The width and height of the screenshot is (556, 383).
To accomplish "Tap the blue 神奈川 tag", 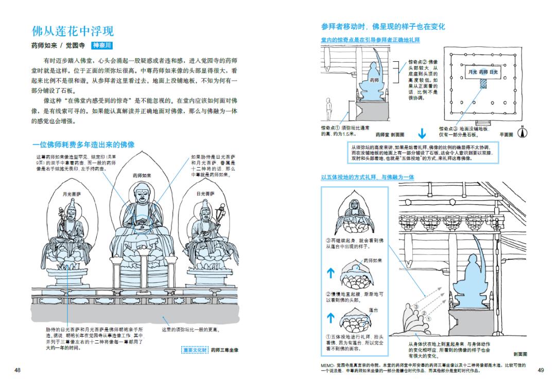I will coord(106,45).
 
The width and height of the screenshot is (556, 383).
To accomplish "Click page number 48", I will coord(18,370).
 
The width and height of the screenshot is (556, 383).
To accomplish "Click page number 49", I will coord(540,370).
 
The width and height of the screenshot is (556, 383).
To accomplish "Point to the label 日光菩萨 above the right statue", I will coord(205,194).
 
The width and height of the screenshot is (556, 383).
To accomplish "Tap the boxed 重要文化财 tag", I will coord(195,350).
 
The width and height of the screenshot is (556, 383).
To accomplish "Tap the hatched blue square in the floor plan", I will coord(483,82).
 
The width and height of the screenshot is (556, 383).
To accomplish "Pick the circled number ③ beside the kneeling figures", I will coord(410,307).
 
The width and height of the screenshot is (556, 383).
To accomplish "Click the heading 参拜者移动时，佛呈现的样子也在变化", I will coord(383,26).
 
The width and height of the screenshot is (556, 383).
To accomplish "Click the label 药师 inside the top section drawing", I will coord(374,81).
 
